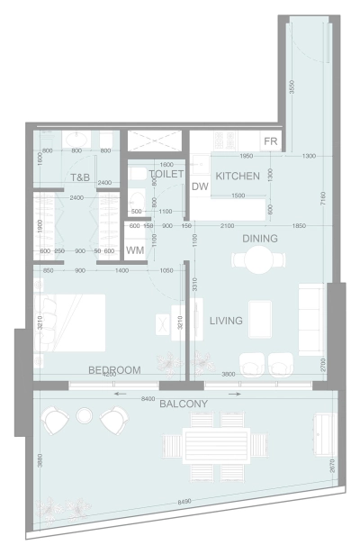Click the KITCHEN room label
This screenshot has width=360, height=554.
coord(238,177)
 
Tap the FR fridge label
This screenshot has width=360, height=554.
coord(269,142)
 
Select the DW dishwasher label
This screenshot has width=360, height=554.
coord(200,186)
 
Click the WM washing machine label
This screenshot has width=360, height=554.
coord(135,250)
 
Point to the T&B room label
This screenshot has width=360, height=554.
coord(80,177)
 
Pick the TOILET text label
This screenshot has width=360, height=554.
coord(166,173)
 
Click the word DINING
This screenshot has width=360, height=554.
coord(260,239)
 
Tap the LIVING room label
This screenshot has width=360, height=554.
coord(227,321)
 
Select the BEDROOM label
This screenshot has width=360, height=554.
coord(114,370)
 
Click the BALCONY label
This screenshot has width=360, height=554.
coord(184,404)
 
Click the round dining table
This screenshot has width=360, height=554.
coord(260,260)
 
